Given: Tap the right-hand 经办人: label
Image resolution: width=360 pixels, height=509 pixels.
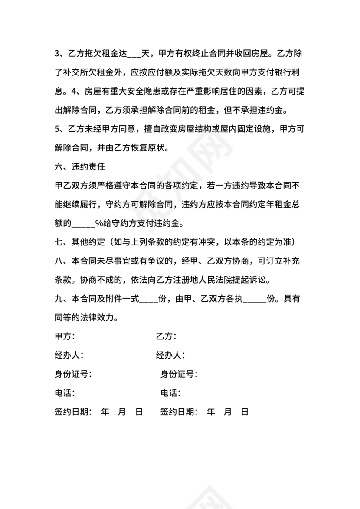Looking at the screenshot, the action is point(170,356).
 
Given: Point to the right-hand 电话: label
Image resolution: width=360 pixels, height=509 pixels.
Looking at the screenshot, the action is point(171,393).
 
